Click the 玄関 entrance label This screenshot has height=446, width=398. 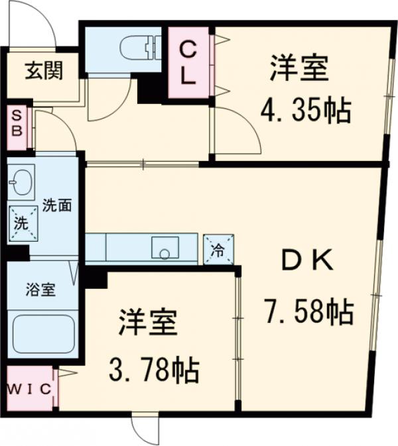tap(44, 70)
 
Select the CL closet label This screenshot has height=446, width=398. tap(188, 62)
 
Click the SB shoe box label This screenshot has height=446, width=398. tap(17, 123)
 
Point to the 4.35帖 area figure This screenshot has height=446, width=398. tap(305, 111)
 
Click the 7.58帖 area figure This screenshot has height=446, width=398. tap(308, 311)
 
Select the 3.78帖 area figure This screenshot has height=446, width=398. tap(154, 369)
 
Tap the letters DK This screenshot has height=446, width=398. tap(306, 262)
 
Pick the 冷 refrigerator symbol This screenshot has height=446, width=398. tap(218, 251)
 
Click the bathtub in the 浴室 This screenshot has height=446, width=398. tap(43, 334)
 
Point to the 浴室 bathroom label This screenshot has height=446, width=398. tap(40, 290)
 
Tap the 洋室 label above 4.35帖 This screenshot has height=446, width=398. tap(298, 70)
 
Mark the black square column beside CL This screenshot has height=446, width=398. tap(151, 89)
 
